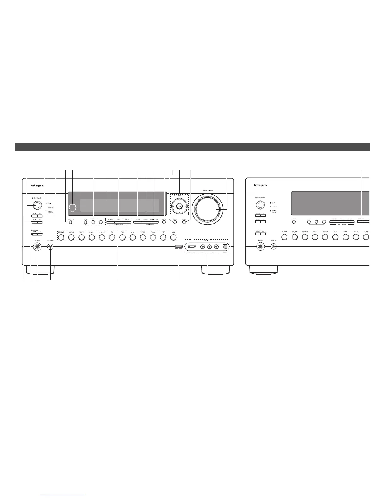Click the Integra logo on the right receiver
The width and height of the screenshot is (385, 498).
(260, 185)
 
